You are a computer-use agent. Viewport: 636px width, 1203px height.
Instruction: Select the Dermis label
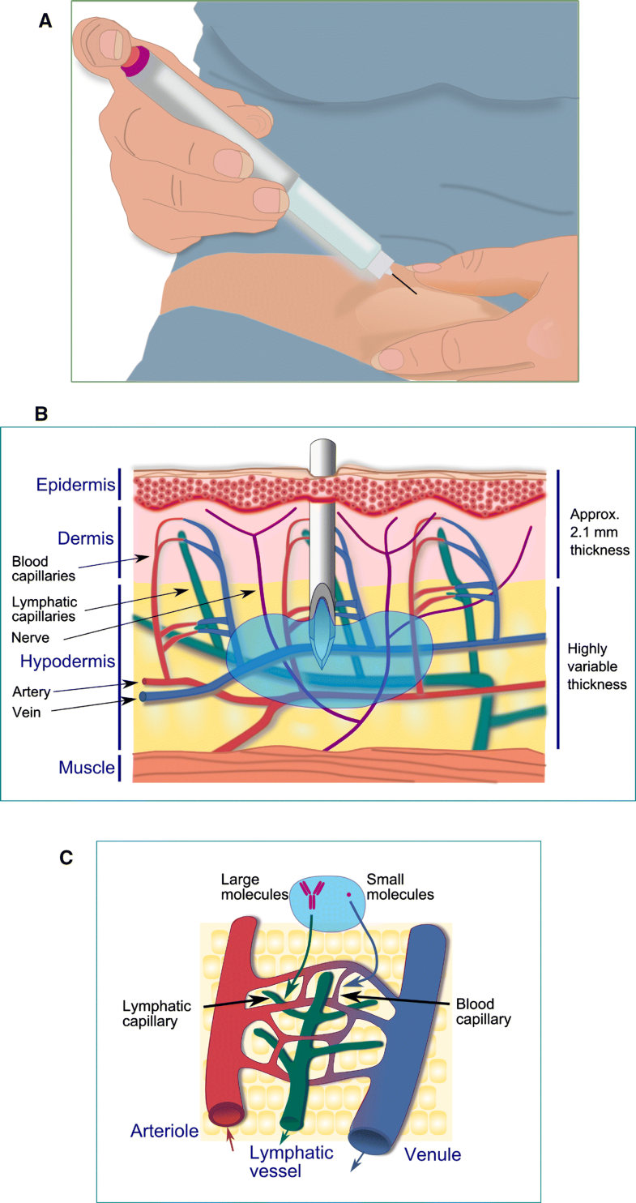pyautogui.click(x=83, y=538)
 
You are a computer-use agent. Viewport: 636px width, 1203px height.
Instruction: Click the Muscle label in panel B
pyautogui.click(x=86, y=767)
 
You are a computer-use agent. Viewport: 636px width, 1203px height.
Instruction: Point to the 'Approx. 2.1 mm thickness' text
pyautogui.click(x=600, y=533)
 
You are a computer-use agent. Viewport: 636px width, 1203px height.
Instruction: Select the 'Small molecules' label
pyautogui.click(x=400, y=887)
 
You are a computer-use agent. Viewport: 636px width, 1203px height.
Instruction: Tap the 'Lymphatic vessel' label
pyautogui.click(x=291, y=1160)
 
